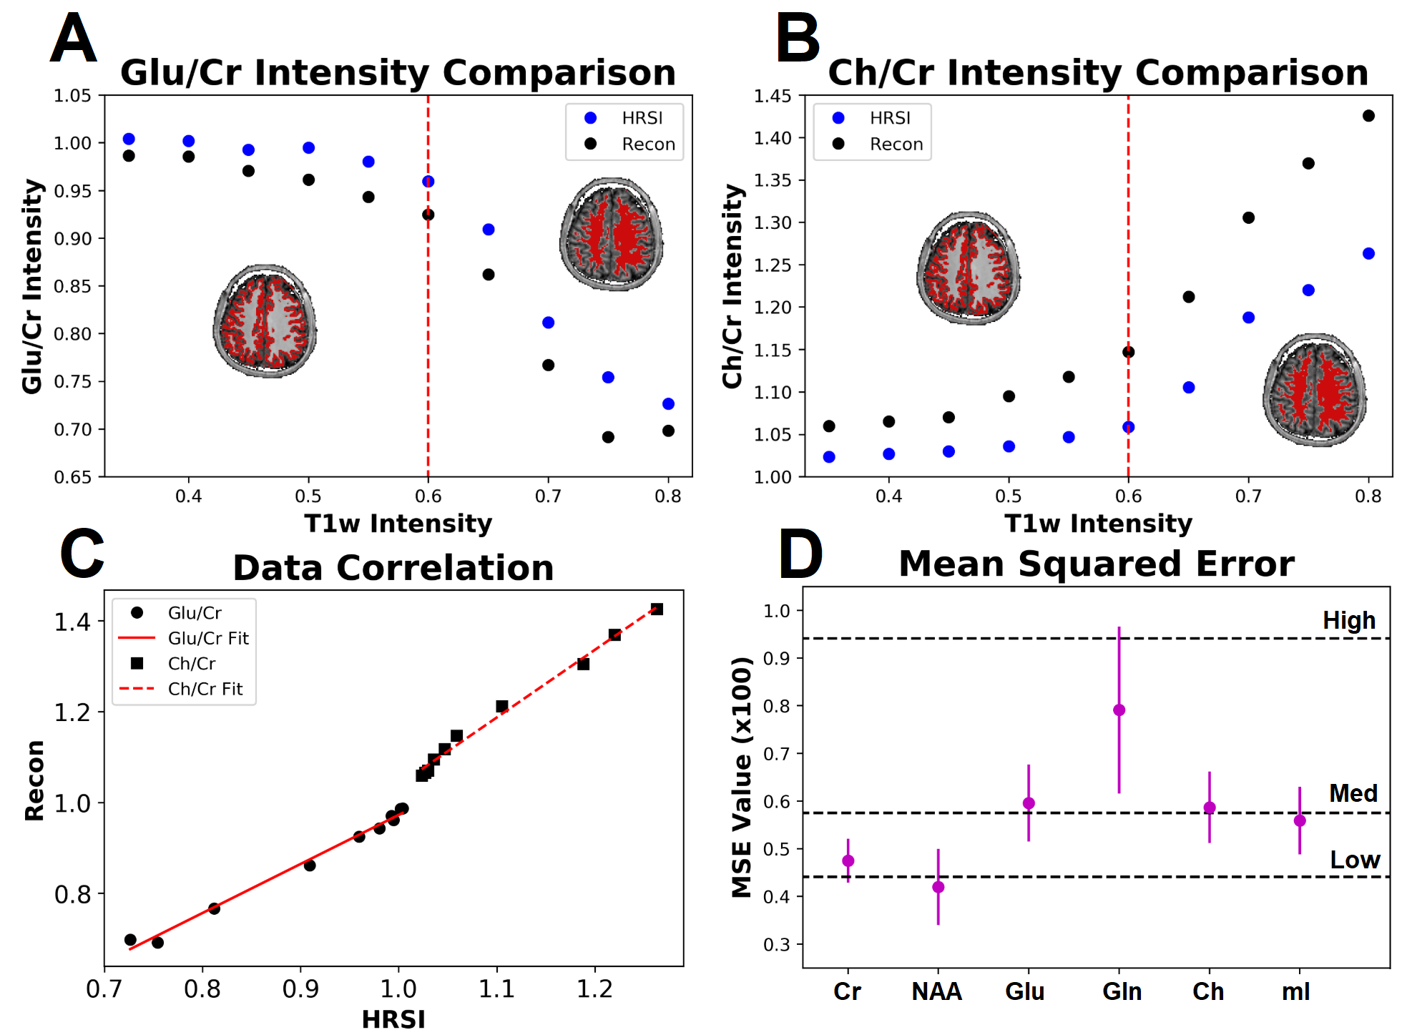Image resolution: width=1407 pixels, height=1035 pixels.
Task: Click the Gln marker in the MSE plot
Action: pos(1119,710)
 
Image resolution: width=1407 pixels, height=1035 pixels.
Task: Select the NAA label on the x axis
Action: pos(937,992)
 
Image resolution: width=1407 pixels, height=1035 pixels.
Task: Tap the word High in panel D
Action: pos(1348,620)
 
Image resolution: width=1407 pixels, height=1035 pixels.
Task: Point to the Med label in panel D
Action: pos(1353,793)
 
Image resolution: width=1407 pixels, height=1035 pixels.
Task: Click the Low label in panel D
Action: pos(1354,860)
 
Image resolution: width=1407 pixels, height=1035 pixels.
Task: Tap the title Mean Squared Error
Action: pos(1096,564)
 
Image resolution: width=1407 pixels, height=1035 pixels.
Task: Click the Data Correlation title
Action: pos(393,568)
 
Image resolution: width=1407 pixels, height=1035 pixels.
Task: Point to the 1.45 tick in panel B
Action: pos(773,96)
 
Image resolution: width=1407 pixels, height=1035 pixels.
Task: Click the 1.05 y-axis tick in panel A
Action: pos(73,96)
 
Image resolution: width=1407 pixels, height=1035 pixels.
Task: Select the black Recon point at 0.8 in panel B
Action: pos(1368,116)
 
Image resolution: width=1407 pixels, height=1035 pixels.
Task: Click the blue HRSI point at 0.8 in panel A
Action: pos(668,404)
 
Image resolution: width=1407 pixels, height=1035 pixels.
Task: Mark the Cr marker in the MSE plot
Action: pos(848,860)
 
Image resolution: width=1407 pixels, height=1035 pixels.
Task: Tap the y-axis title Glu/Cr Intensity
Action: pos(32,286)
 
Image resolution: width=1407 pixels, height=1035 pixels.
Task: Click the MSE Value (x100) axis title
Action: pos(742,778)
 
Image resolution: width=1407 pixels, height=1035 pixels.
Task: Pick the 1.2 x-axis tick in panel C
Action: pos(594,990)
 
